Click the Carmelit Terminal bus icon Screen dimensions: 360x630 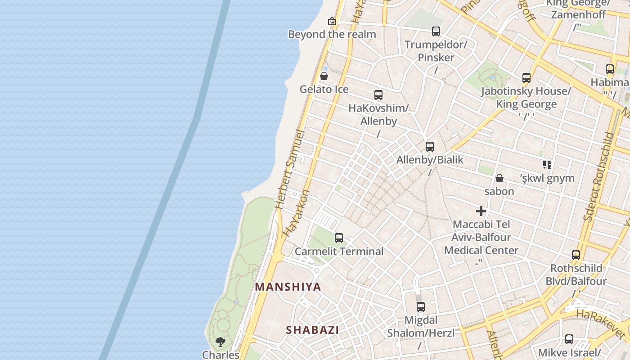pos(339,238)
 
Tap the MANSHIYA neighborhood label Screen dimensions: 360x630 pos(288,287)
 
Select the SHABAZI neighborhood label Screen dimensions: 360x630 pos(312,330)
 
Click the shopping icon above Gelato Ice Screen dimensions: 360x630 pos(324,76)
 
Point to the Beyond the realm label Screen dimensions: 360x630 pos(332,34)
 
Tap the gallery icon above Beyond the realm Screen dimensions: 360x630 pos(332,21)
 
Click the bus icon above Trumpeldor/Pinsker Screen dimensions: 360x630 pos(436,31)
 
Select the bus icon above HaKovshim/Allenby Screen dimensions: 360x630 pos(378,95)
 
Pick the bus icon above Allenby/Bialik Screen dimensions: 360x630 pos(430,147)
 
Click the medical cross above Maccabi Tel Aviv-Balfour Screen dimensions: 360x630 pos(481,211)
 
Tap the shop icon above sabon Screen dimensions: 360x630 pos(499,178)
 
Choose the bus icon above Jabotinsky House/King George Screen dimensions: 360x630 pos(526,78)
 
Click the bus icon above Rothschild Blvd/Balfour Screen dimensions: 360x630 pos(576,255)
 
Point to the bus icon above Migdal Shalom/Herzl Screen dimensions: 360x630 pos(421,307)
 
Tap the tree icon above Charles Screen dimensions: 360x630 pos(220,342)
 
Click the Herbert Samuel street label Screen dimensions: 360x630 pos(289,170)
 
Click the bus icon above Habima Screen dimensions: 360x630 pos(610,69)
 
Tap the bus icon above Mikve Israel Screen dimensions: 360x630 pos(569,339)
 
